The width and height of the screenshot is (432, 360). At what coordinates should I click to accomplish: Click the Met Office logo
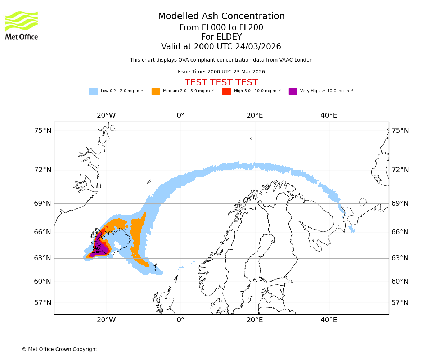click(22, 25)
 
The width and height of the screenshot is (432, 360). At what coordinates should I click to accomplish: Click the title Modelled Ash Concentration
click(221, 16)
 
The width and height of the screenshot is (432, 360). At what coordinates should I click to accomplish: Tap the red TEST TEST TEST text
click(221, 82)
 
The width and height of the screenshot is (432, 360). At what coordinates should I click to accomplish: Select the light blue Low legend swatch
click(93, 91)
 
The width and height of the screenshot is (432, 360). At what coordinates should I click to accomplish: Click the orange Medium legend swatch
click(156, 91)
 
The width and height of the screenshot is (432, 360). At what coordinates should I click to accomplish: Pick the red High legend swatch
click(226, 91)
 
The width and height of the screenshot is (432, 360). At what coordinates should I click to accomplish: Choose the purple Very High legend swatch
click(293, 91)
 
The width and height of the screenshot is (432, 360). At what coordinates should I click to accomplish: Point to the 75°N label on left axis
click(43, 131)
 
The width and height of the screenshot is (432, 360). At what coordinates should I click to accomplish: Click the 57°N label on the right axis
click(400, 303)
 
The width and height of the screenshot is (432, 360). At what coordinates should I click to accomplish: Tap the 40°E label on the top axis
click(329, 116)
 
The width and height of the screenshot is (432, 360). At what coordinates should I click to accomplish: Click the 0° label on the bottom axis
click(180, 320)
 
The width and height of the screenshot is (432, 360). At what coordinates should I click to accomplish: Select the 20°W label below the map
click(106, 320)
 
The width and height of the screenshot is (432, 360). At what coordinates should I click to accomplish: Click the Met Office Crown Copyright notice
click(59, 349)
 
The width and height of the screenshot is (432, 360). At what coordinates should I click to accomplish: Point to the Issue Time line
click(221, 72)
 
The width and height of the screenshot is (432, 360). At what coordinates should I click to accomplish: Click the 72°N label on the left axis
click(43, 170)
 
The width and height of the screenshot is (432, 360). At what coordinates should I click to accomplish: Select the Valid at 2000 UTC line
click(221, 46)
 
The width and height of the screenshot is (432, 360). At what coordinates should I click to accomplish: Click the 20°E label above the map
click(255, 116)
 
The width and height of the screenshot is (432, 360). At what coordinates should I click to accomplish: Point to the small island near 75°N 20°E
click(251, 139)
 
